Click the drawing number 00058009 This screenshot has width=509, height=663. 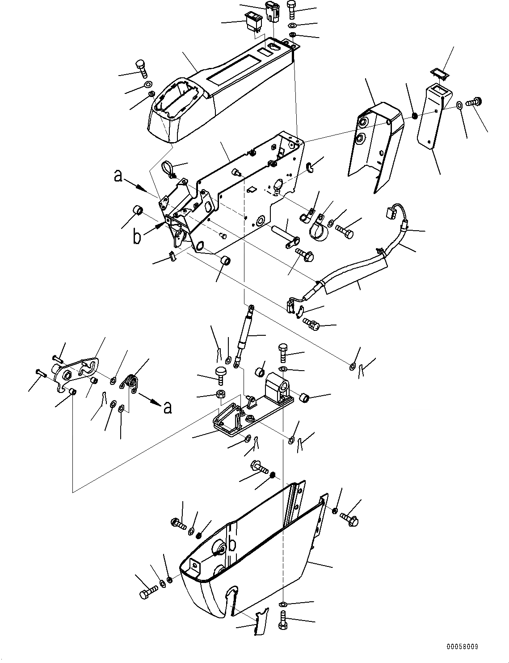click(x=463, y=647)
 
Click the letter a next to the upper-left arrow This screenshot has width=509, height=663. click(x=118, y=176)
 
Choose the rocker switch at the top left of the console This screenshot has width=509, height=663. click(x=252, y=21)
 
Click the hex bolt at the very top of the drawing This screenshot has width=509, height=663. click(x=291, y=8)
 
